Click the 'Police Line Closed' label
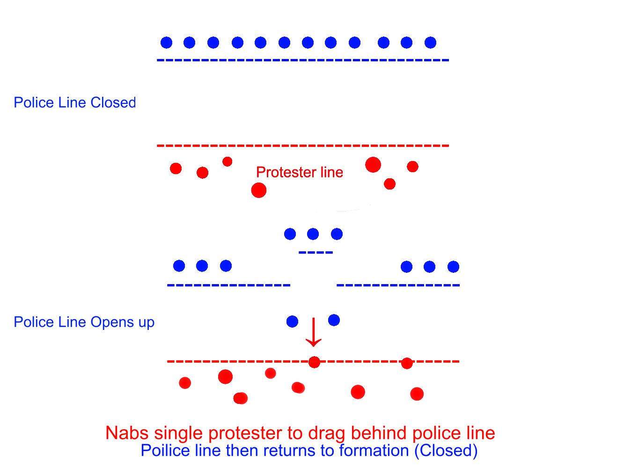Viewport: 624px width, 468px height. click(x=75, y=102)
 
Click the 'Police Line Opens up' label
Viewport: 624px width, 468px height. click(x=84, y=322)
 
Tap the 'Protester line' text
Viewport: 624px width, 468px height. click(x=300, y=172)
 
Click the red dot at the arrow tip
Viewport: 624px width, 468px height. click(x=314, y=362)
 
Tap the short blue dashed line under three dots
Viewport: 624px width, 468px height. click(x=316, y=253)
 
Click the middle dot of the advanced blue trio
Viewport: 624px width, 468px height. click(x=313, y=234)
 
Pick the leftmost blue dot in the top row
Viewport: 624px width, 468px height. click(x=166, y=43)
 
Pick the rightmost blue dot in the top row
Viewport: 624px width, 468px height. click(x=430, y=43)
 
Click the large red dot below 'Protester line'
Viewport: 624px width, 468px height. click(x=258, y=190)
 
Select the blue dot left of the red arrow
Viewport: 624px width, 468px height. click(x=292, y=321)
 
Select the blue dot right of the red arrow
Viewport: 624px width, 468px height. click(x=334, y=320)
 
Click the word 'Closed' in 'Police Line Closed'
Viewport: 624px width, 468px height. click(x=113, y=102)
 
